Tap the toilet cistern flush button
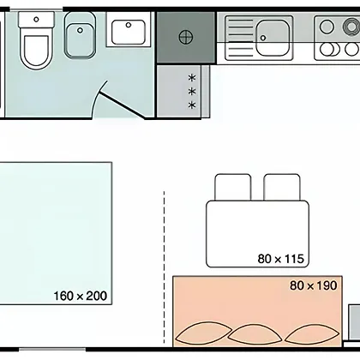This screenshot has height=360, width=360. click(36, 20)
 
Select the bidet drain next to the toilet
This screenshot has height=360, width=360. click(81, 30)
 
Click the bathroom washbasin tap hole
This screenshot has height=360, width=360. click(129, 25)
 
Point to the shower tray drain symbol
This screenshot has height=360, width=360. click(186, 37)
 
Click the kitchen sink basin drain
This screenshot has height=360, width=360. click(263, 38)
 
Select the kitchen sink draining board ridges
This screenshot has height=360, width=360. click(241, 38)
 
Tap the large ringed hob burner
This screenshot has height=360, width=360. click(351, 27)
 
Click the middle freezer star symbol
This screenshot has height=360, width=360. click(192, 92)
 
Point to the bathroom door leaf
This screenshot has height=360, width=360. click(123, 105)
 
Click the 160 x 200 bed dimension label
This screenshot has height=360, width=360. click(81, 296)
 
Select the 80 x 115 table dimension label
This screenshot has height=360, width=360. click(280, 259)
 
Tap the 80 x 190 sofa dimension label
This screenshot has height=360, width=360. click(314, 285)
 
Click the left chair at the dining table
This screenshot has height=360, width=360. click(233, 187)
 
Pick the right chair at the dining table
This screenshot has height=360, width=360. click(282, 187)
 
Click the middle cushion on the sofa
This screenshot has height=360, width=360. click(255, 333)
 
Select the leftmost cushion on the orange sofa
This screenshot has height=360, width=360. click(203, 333)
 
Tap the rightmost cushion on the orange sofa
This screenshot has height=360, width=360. click(312, 333)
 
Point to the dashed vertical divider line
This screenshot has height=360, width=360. click(164, 267)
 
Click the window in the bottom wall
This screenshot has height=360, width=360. click(52, 350)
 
